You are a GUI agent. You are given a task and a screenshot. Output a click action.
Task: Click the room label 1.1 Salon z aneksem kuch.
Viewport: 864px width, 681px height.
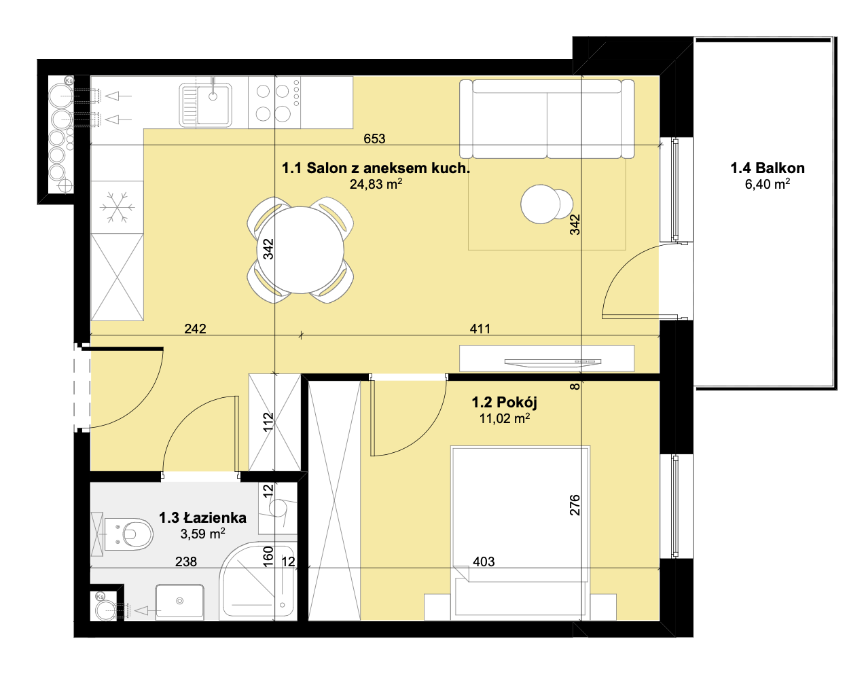tap(376, 168)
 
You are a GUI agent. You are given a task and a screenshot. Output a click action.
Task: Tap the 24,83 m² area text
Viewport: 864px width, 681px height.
tap(376, 184)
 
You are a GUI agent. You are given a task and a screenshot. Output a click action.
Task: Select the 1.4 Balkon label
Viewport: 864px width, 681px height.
tap(768, 168)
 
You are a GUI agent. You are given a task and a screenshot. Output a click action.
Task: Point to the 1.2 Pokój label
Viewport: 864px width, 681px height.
tap(504, 402)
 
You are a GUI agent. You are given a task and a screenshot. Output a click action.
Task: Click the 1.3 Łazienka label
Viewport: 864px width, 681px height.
tap(202, 517)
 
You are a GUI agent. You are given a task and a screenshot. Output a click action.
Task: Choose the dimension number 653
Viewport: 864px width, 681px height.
tap(374, 139)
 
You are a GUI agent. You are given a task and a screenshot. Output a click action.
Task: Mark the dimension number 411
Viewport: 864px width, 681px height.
tap(480, 329)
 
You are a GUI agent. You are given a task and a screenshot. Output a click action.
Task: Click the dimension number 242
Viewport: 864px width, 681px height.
tap(195, 329)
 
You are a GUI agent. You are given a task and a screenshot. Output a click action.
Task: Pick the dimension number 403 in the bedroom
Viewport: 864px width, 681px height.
tap(484, 562)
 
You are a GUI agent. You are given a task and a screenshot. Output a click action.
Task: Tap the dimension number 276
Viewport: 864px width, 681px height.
tap(575, 505)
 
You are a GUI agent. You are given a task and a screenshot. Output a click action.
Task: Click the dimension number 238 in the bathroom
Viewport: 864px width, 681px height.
tap(186, 562)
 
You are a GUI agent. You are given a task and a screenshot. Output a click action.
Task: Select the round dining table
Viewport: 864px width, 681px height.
tap(300, 250)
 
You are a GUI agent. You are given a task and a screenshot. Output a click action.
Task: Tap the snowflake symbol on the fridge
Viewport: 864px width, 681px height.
tap(117, 207)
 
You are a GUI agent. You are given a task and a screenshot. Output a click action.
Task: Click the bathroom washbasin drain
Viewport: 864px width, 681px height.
tap(180, 601)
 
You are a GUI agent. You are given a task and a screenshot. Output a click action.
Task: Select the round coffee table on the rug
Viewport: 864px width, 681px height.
tap(541, 204)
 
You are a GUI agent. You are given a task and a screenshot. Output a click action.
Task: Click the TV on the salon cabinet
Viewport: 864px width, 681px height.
tap(553, 363)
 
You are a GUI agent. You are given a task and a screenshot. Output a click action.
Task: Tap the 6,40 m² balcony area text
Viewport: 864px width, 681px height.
tap(768, 184)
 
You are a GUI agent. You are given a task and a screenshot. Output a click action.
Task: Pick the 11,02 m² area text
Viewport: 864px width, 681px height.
tap(504, 418)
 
